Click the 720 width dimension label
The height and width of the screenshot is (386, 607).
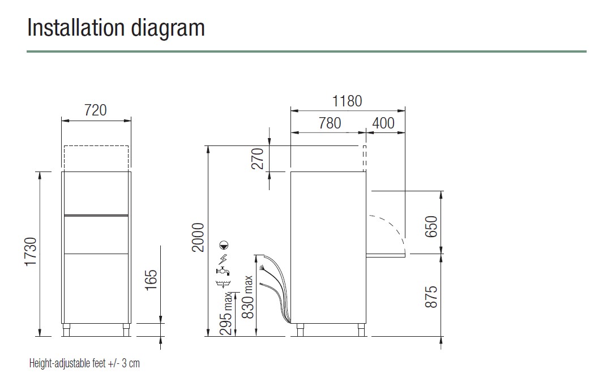[95, 110]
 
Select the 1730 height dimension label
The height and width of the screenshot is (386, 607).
[31, 252]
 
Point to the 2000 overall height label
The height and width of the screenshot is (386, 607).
[198, 238]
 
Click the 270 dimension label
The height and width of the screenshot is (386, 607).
[258, 158]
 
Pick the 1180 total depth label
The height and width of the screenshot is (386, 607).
[347, 101]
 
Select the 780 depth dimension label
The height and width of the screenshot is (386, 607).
[330, 123]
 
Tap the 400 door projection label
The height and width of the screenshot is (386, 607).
[383, 123]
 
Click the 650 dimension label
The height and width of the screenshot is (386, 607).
[431, 226]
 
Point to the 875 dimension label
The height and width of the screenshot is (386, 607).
[431, 297]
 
